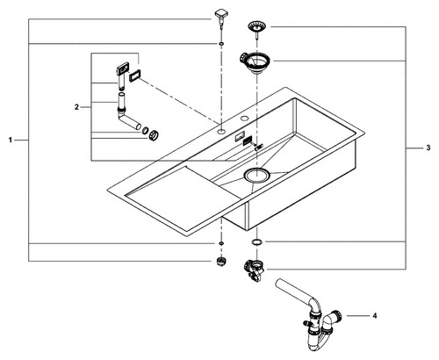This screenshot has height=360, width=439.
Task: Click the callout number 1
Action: [x=11, y=140]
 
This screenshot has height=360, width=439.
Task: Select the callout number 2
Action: [x=76, y=107]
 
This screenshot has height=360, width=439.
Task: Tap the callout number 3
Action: [x=428, y=148]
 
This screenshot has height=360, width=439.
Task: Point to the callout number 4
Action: [x=375, y=316]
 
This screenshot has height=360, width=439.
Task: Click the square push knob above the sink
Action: [x=220, y=17]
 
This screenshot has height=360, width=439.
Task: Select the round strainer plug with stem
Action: [x=256, y=29]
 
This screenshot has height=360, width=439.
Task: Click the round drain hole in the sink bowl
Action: [x=255, y=176]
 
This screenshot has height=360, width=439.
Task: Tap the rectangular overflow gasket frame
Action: [x=135, y=76]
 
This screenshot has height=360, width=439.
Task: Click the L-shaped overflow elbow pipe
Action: [x=127, y=116]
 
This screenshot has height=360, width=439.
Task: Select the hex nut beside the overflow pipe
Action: [x=154, y=134]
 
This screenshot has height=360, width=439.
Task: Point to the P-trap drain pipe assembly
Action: [x=310, y=314]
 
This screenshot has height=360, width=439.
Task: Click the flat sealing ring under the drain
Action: [x=256, y=242]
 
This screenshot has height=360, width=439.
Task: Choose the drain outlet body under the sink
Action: [x=254, y=270]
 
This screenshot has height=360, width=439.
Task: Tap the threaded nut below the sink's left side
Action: [x=221, y=261]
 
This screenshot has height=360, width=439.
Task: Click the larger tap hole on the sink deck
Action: [x=221, y=131]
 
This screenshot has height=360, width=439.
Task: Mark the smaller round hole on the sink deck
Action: [x=244, y=119]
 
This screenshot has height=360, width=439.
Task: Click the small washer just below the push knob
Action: [x=221, y=44]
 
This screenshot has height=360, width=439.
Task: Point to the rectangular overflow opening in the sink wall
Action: [x=240, y=135]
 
